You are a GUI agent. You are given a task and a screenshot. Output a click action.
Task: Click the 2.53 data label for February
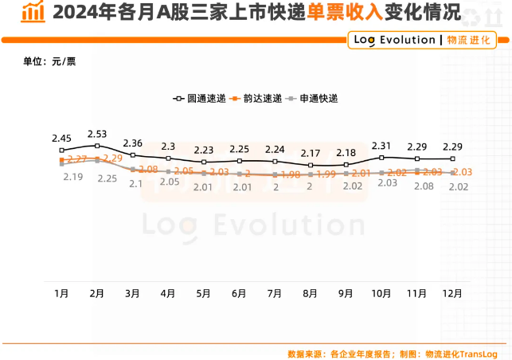[x=97, y=134]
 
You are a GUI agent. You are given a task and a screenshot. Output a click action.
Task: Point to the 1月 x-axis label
[x=61, y=293]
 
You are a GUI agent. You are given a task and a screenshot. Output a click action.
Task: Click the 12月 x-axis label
[x=451, y=293]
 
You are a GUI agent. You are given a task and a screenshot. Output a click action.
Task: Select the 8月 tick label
[x=310, y=293]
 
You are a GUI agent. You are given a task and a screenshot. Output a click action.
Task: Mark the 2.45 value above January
[x=61, y=138]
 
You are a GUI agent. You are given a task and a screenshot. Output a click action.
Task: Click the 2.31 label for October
[x=381, y=146]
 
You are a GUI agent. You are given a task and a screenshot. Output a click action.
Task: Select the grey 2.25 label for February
[x=107, y=179]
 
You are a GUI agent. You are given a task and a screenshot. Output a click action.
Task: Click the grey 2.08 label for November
[x=424, y=186]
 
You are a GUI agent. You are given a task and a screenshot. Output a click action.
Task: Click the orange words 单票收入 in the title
[x=346, y=12]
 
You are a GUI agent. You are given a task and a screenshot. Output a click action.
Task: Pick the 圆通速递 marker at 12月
[x=452, y=158]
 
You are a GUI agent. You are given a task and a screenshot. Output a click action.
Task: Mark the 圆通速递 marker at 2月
[x=97, y=146]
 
